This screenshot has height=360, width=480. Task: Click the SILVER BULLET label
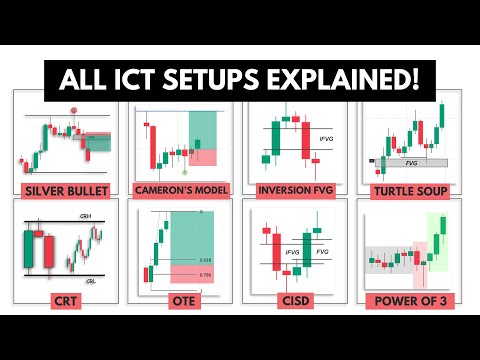coord(63,187)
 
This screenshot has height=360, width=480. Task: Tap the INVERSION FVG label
coord(298,187)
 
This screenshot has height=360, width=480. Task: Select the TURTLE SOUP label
coord(415,187)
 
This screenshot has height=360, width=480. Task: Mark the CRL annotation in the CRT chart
coord(88,280)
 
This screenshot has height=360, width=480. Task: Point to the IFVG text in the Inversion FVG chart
coord(322,139)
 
